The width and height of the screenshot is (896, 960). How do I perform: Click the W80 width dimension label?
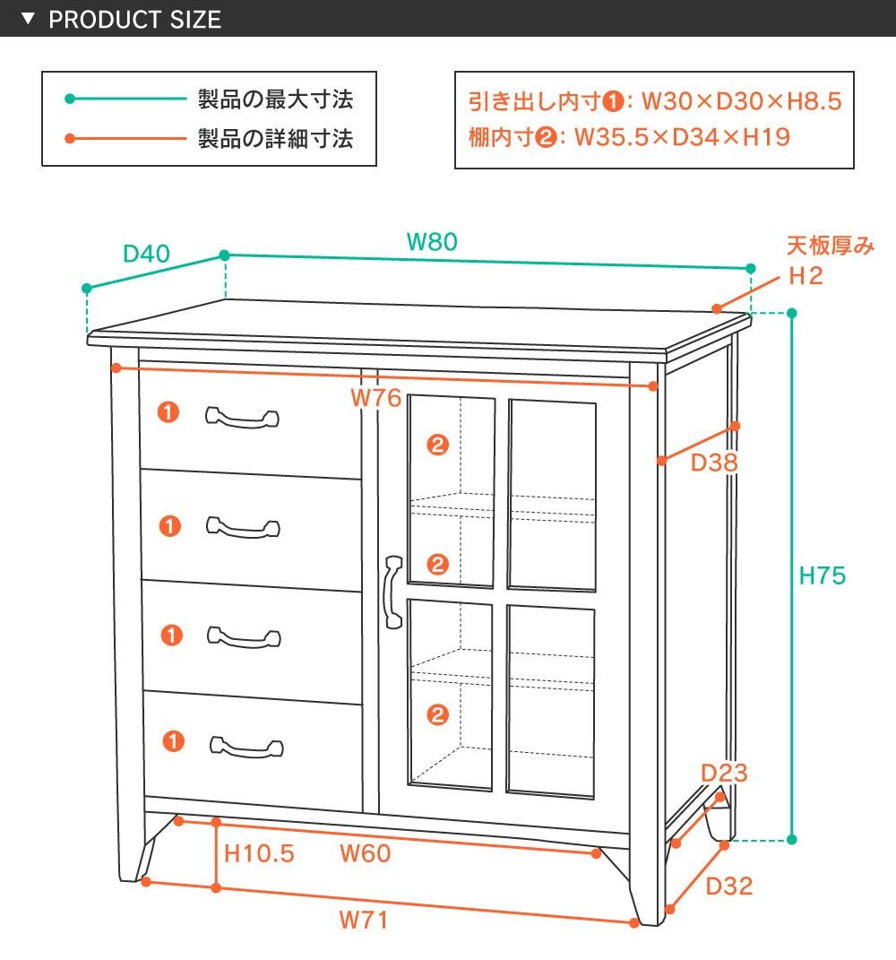(432, 242)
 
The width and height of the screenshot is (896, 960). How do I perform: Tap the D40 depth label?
(146, 254)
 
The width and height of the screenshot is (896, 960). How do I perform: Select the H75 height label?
(822, 575)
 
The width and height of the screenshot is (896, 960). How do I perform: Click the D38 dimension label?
(714, 463)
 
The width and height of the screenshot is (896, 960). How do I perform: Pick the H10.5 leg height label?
(259, 853)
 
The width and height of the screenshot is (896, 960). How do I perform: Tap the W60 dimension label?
(365, 853)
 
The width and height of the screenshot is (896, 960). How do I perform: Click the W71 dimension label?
(364, 920)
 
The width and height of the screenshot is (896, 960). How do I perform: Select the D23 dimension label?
(724, 773)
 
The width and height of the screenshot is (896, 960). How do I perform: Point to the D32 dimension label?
(728, 886)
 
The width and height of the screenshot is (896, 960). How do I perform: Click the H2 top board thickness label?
(806, 276)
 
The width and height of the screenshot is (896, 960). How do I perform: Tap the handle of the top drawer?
(242, 418)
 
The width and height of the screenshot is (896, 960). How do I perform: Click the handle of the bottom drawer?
(246, 746)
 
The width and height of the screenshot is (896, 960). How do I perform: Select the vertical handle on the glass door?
(392, 592)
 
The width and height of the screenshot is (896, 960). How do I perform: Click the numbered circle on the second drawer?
(169, 525)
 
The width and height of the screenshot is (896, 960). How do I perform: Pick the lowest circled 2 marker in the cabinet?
(437, 714)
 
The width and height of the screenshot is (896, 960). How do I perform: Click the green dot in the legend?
(69, 99)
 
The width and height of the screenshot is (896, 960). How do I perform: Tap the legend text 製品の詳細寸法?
(275, 139)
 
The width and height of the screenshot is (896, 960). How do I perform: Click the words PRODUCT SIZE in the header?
(134, 19)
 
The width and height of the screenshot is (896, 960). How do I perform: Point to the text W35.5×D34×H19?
(681, 137)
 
